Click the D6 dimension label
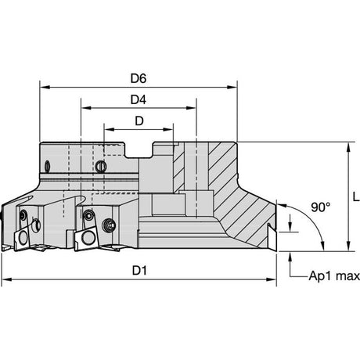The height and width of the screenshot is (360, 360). pos(139,78)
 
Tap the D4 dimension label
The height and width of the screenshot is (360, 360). pos(139,99)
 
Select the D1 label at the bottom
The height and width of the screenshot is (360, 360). pos(139,271)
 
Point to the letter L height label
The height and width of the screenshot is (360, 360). pos(356,196)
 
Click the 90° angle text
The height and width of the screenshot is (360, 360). pos(321,207)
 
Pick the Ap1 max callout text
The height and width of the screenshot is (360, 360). pos(334,276)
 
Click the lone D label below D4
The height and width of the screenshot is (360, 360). pos(139,121)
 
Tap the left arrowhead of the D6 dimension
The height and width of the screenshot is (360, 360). pos(45,87)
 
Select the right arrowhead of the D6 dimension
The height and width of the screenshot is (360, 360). pos(232,87)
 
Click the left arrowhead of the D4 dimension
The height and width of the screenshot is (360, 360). pos(86,108)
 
